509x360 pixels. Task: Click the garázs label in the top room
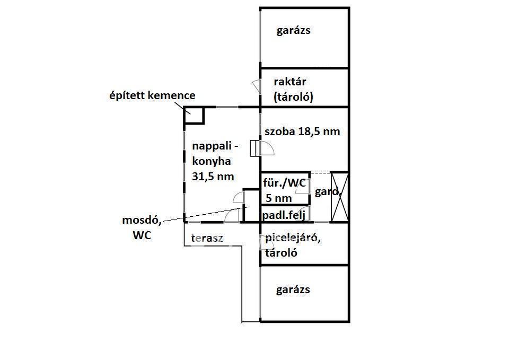[x=293, y=30]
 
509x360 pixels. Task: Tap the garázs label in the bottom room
[x=293, y=290]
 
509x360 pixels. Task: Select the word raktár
[x=290, y=82]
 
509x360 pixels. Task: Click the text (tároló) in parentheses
[x=294, y=97]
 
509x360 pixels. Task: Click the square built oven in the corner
[x=194, y=116]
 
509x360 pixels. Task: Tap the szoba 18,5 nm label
[x=302, y=131]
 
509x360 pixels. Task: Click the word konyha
[x=212, y=161]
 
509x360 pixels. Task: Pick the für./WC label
[x=285, y=183]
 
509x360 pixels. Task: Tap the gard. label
[x=326, y=192]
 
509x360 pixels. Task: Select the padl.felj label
[x=284, y=215]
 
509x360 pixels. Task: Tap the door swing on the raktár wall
[x=256, y=86]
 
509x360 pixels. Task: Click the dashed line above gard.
[x=320, y=172]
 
